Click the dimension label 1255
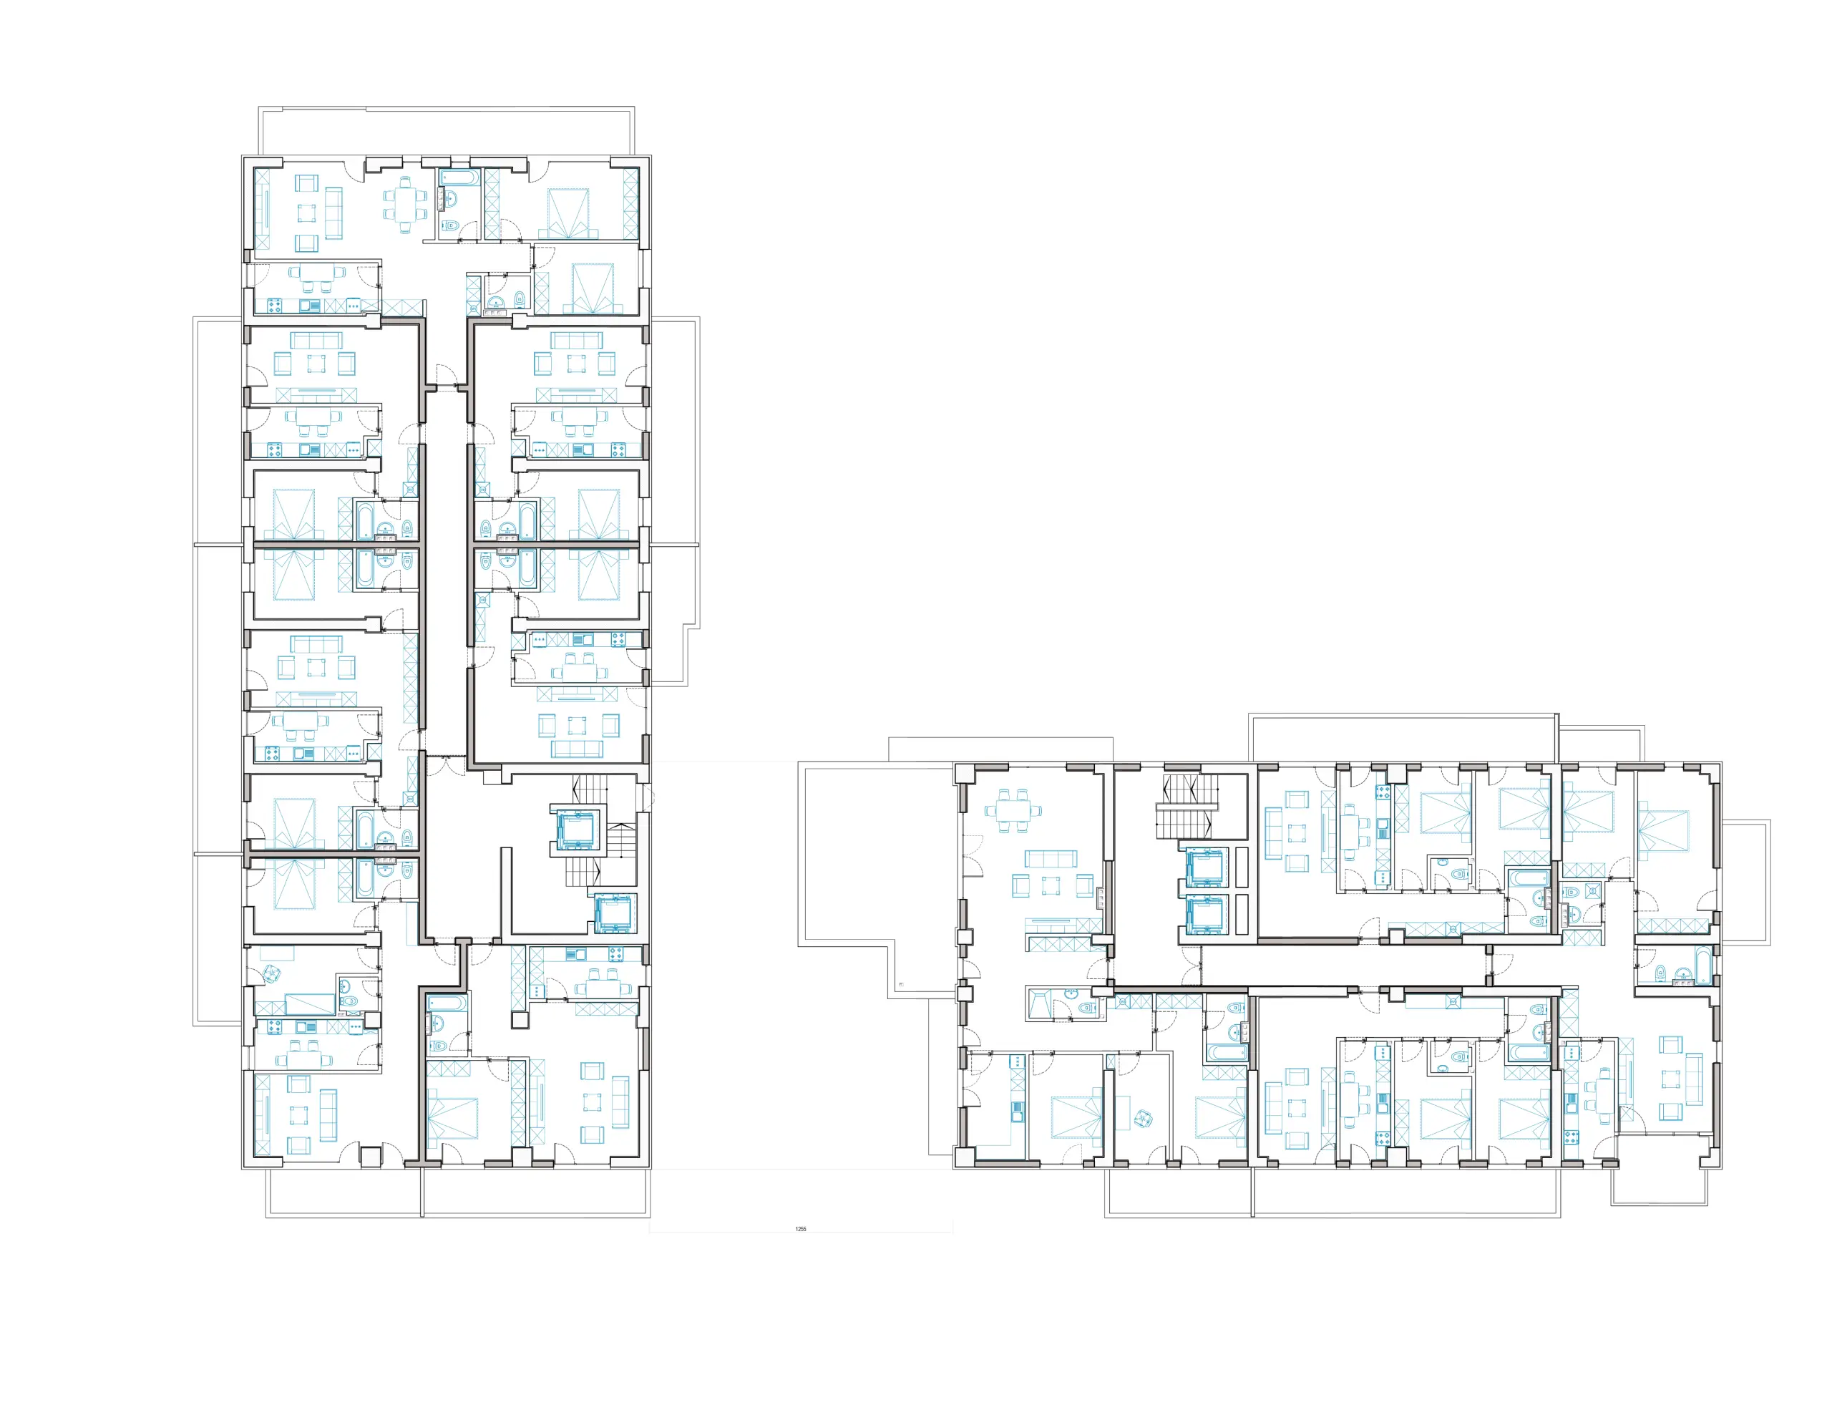800,1229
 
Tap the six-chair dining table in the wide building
1013,810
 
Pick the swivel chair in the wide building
1142,1118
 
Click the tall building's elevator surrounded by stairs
576,830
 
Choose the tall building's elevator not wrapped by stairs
613,913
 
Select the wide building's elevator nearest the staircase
1204,867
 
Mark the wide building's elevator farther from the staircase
1204,916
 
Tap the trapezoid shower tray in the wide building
1038,1003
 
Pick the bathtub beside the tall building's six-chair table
459,178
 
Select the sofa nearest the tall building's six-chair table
334,213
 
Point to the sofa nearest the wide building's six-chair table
1051,858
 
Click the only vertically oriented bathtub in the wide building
1702,965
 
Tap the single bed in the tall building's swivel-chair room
311,1004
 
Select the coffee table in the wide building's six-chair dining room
1051,886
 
